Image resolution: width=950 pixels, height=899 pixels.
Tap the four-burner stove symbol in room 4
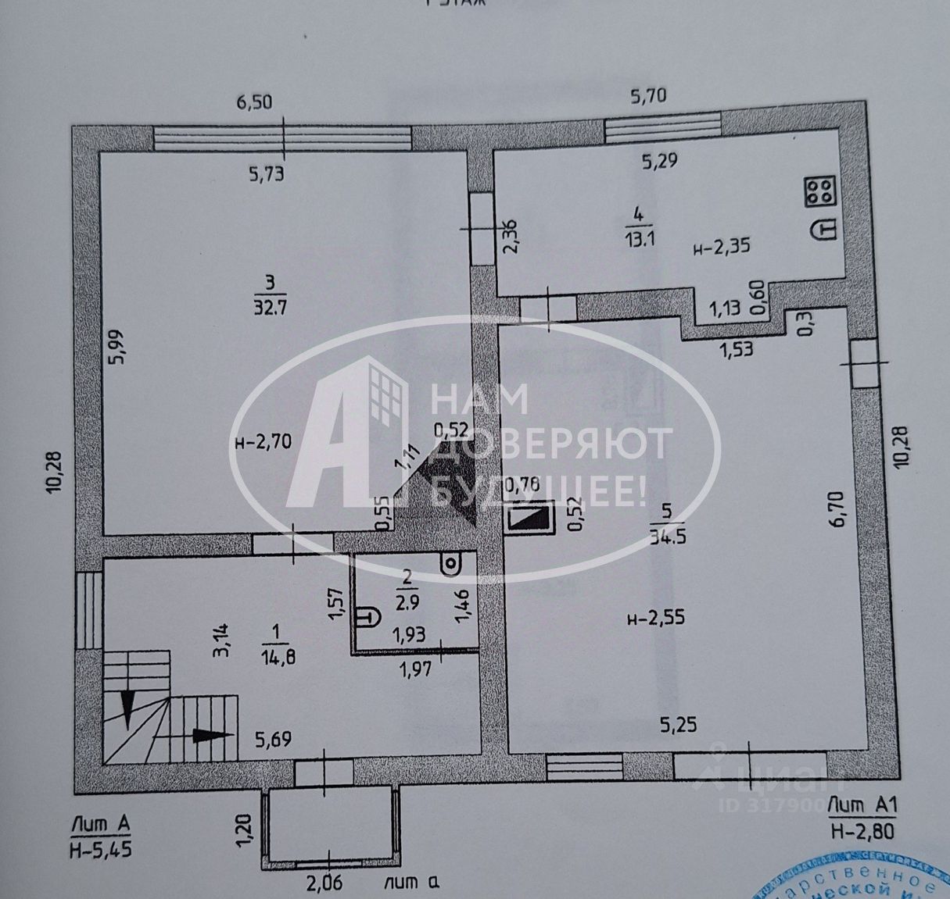coord(819,191)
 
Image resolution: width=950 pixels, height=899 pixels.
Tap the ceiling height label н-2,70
coord(263,442)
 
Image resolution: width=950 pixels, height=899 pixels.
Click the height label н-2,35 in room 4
coord(721,248)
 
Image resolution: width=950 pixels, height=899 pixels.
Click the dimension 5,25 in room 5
coord(678,726)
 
